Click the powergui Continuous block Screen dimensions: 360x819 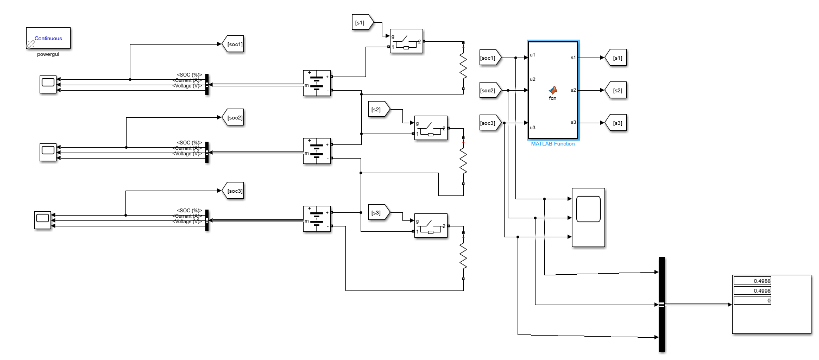48,39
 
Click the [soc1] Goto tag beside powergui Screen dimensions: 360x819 233,44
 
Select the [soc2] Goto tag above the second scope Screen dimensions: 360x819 233,118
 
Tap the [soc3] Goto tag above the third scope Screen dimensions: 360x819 233,191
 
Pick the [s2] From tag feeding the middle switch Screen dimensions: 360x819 378,110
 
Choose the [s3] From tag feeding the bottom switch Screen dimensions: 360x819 378,213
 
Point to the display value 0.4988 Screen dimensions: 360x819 752,281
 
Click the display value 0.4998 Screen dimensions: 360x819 752,291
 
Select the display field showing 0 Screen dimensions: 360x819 752,300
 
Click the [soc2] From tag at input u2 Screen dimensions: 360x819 489,90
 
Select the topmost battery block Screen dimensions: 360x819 317,83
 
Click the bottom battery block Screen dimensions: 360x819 317,219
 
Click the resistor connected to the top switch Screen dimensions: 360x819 463,65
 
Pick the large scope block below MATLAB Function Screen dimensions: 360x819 588,217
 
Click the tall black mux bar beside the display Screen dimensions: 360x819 661,304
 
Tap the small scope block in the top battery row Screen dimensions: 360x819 48,85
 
